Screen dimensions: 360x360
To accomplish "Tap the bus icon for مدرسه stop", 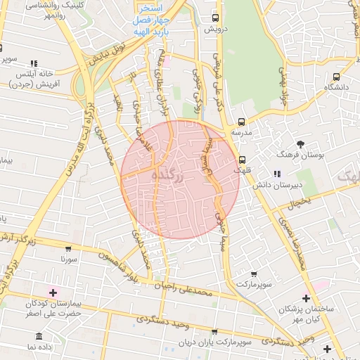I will (x=241, y=121).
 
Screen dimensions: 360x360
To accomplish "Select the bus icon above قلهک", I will (x=242, y=159).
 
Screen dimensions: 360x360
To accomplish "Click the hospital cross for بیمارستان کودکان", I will (x=53, y=292).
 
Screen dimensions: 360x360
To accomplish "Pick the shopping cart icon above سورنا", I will (x=68, y=249).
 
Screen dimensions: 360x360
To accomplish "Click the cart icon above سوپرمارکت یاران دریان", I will (x=214, y=333).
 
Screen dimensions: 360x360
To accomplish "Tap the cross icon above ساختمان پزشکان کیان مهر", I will (x=306, y=298).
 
